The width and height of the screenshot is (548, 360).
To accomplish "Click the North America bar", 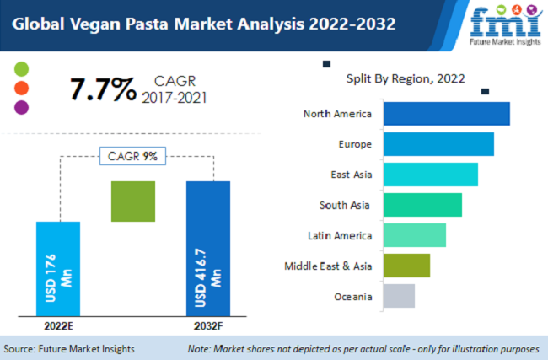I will coord(446,114).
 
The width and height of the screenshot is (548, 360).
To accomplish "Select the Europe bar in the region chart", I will coord(438,144).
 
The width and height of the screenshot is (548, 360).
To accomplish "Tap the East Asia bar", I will coord(430,175).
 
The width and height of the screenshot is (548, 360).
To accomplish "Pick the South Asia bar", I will coord(422,205).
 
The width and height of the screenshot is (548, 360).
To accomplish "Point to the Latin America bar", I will coord(414,235).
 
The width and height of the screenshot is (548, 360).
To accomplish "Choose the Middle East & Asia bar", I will coord(406,266).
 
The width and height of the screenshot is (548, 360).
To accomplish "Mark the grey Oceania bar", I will coord(399,296).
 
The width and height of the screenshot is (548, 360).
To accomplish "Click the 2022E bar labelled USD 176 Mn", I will coord(58,270).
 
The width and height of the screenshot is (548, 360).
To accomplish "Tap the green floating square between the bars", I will coord(133,201).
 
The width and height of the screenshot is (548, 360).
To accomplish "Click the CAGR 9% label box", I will coord(133,156).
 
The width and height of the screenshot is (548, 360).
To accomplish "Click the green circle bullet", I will coord(22,68).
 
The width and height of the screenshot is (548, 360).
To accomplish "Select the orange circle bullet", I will coord(22,88).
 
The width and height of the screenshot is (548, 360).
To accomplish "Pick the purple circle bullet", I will coord(22,107).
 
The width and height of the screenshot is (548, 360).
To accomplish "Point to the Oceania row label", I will coord(352,296).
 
